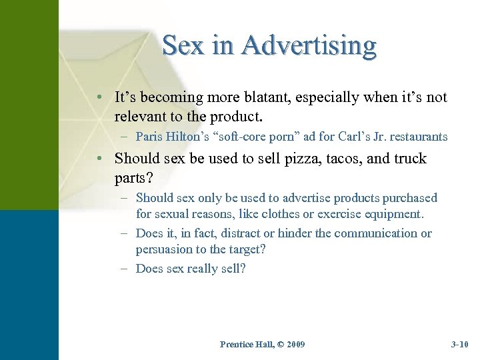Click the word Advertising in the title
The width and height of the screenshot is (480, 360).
click(x=309, y=46)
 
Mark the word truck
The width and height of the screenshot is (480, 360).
click(x=406, y=159)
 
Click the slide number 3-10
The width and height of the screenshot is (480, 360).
click(x=460, y=345)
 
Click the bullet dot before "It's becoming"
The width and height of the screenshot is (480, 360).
click(x=98, y=98)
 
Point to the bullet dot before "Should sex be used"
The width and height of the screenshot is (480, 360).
click(x=98, y=159)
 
